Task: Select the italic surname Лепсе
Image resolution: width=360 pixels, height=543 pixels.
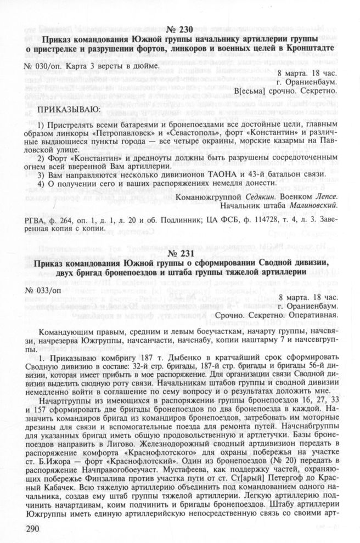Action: tap(320, 196)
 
